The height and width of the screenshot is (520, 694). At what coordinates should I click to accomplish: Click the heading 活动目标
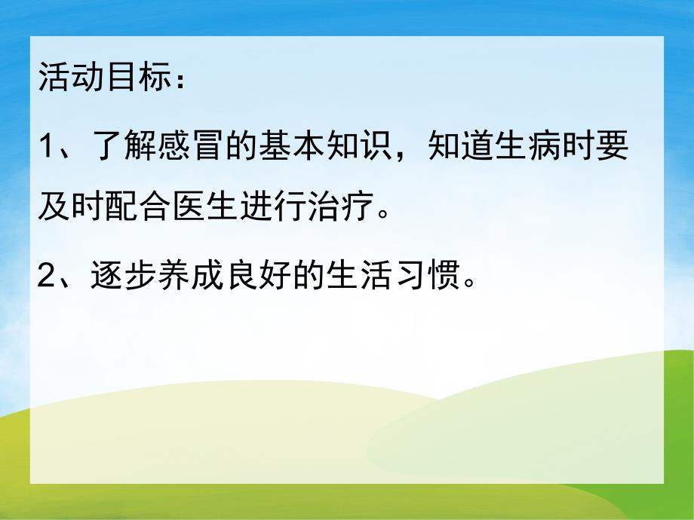click(x=101, y=78)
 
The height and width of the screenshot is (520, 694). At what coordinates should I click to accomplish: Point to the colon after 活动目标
click(x=177, y=80)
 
